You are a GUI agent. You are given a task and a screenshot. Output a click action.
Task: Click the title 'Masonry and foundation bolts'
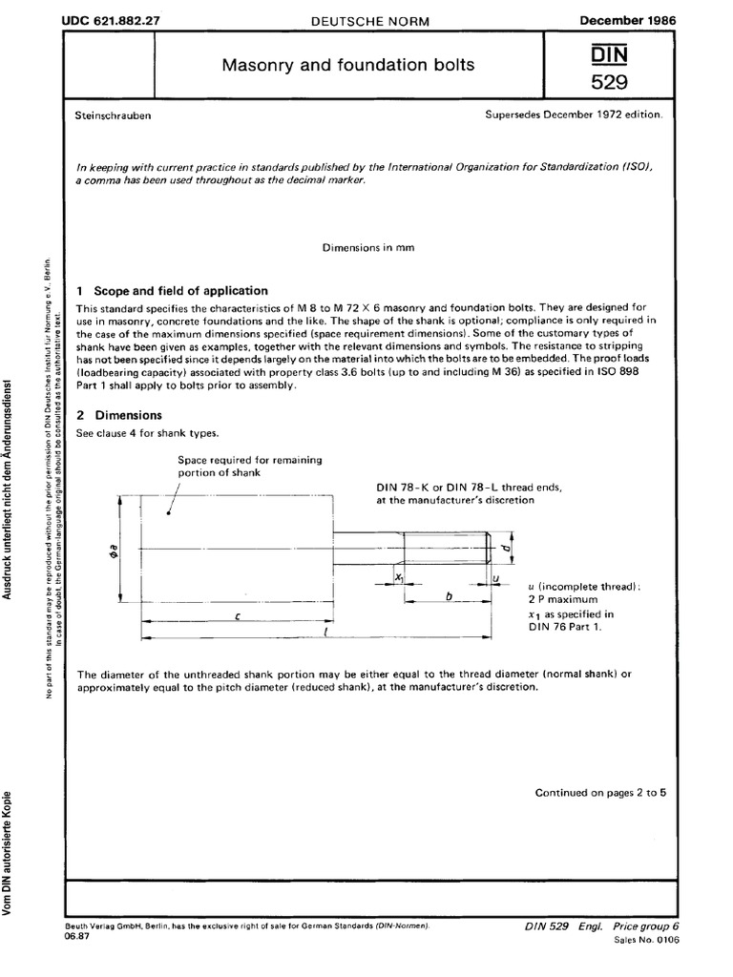coord(347,66)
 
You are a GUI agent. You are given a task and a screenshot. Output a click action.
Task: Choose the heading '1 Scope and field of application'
coord(172,291)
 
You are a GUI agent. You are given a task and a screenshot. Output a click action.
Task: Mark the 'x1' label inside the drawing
coord(399,578)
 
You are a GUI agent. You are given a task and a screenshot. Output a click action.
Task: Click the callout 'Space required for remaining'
coord(250,460)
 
